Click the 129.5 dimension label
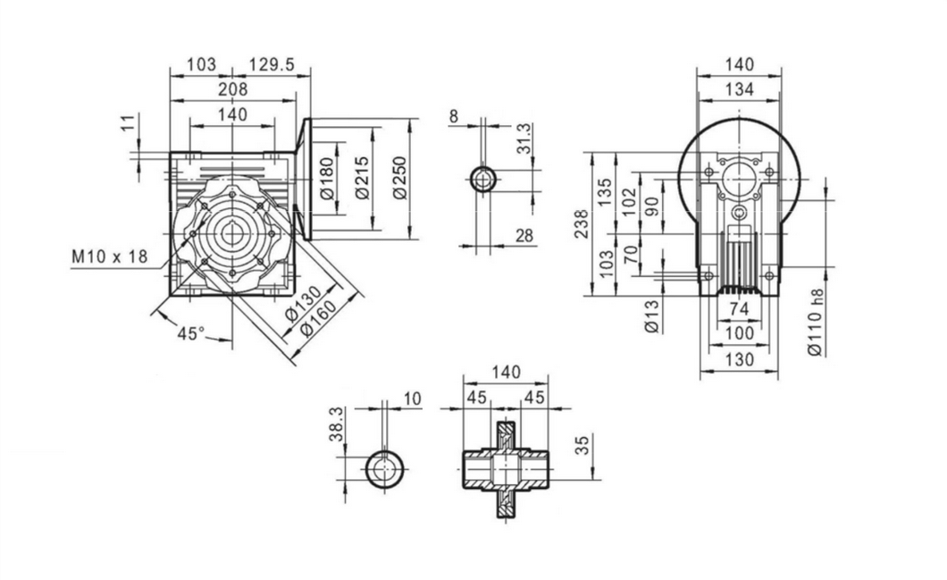click(272, 64)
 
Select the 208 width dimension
click(232, 89)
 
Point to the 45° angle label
click(190, 333)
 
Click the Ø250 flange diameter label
click(400, 179)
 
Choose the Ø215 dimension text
click(363, 181)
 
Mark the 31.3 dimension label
click(524, 139)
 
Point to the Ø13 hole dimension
click(651, 315)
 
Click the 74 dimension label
click(738, 308)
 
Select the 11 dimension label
click(126, 123)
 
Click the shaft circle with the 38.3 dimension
click(385, 468)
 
